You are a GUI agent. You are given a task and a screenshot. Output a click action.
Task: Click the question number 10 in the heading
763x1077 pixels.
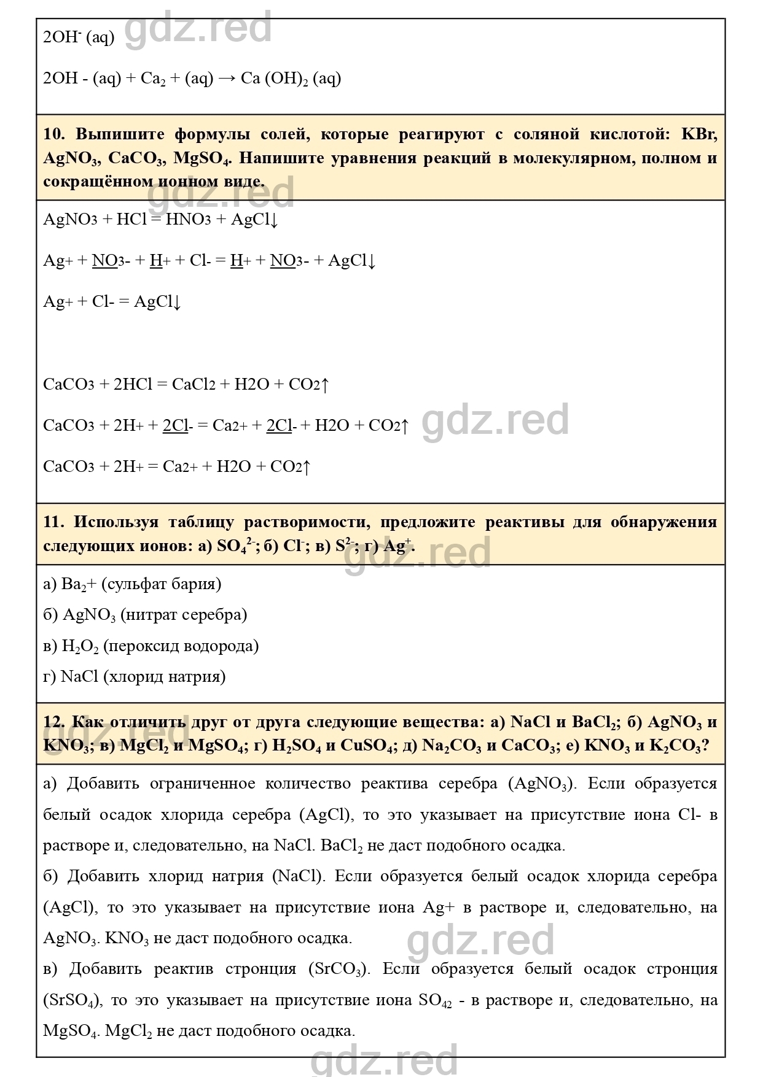click(x=53, y=134)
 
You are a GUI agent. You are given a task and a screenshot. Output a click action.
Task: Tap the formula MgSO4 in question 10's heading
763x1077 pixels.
click(x=202, y=158)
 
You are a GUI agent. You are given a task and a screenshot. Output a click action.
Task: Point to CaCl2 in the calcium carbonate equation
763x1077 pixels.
click(x=194, y=385)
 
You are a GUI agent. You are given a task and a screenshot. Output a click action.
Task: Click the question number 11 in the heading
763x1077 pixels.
click(x=53, y=522)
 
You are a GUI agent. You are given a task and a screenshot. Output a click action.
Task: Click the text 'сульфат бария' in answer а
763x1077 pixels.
click(x=160, y=584)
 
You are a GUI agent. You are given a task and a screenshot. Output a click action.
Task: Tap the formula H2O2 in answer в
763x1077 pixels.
click(x=80, y=646)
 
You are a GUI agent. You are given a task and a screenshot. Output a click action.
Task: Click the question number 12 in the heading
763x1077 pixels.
click(x=53, y=722)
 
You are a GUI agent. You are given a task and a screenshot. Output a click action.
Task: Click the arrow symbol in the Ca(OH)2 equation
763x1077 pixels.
click(x=226, y=79)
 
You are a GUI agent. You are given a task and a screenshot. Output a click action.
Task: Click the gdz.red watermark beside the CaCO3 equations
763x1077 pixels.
click(x=495, y=421)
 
